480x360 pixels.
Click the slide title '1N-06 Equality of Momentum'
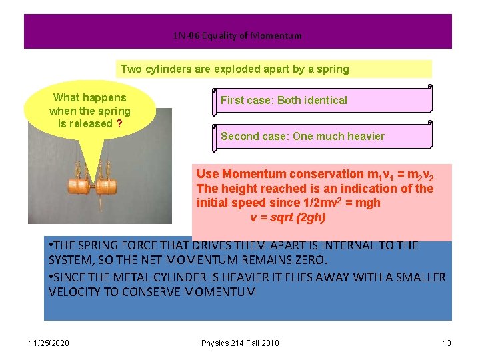[237, 35]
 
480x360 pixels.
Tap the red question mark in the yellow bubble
[119, 123]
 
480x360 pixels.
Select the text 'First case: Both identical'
[284, 101]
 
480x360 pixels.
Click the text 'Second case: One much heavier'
[303, 137]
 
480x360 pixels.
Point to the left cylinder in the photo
[77, 183]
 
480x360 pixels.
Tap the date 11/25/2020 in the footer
[49, 343]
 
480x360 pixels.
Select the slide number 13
[447, 343]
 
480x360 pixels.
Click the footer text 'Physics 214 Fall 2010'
[240, 343]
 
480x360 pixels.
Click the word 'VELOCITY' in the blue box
[75, 292]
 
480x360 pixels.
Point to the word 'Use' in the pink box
[207, 173]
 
